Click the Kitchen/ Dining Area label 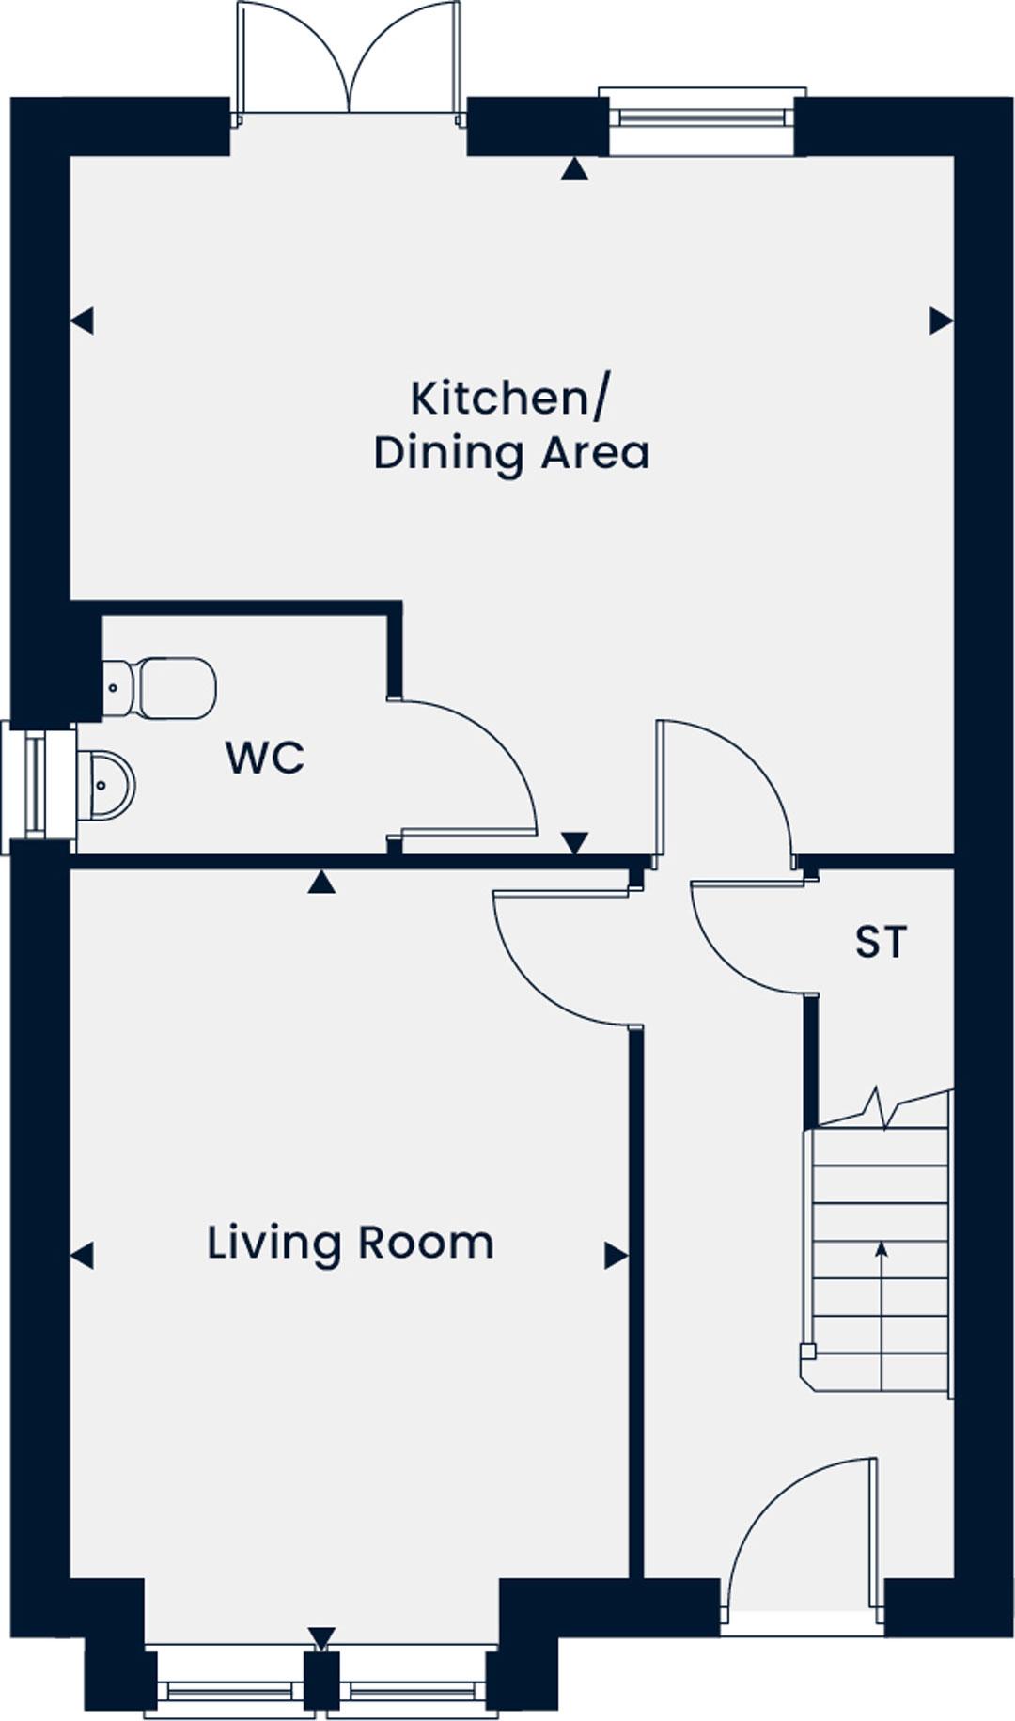click(510, 425)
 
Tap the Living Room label click(350, 1243)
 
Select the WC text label click(265, 758)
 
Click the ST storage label click(881, 942)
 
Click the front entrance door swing click(799, 1527)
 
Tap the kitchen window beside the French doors click(701, 118)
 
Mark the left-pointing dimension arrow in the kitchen click(82, 321)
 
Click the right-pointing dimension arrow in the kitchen click(941, 321)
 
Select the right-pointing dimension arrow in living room click(616, 1256)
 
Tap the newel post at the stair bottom click(807, 1352)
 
